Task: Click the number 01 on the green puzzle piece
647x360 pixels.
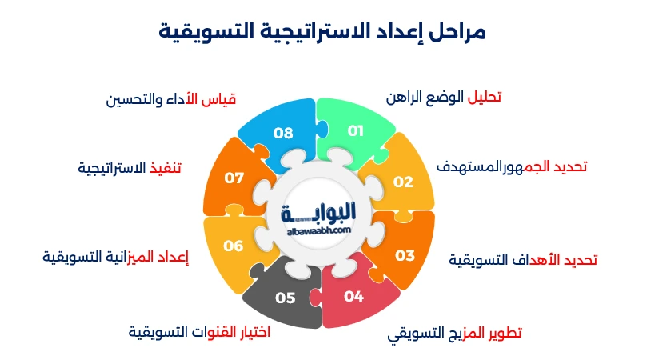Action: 356,130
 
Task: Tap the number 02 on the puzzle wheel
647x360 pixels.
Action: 403,182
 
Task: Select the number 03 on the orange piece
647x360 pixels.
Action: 405,255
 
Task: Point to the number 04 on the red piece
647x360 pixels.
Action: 354,296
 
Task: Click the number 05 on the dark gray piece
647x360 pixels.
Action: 286,298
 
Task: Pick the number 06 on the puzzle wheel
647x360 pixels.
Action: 234,246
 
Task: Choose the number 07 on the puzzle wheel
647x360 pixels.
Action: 234,178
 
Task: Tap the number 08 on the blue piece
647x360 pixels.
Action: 283,133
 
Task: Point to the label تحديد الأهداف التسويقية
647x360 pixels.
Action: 523,260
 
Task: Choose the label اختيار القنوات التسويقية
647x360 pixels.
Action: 199,332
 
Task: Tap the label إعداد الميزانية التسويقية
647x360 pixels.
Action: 115,257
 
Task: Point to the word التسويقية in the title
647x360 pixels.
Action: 200,32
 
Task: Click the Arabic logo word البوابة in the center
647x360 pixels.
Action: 319,212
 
